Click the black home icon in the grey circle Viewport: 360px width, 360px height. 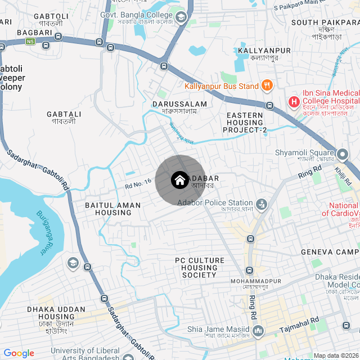(x=179, y=180)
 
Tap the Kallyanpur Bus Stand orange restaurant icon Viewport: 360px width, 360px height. (x=267, y=86)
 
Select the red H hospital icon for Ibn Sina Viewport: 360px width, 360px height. (x=293, y=102)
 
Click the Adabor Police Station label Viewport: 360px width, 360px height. (x=215, y=202)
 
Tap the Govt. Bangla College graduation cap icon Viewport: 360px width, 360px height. (x=181, y=18)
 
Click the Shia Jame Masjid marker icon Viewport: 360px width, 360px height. (x=258, y=330)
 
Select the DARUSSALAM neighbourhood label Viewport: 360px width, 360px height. (x=179, y=104)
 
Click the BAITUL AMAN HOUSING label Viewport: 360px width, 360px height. (x=108, y=209)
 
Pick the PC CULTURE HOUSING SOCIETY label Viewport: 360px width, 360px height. (x=199, y=268)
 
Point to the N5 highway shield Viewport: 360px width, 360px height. (x=30, y=42)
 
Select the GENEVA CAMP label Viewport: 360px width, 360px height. (x=330, y=251)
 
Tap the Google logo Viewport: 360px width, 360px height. (x=19, y=353)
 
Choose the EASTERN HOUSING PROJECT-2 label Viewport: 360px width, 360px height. (x=245, y=123)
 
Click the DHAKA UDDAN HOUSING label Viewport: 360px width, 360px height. (x=56, y=313)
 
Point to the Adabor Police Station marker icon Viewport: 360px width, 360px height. (x=262, y=204)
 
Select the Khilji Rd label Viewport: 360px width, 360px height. (x=343, y=175)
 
